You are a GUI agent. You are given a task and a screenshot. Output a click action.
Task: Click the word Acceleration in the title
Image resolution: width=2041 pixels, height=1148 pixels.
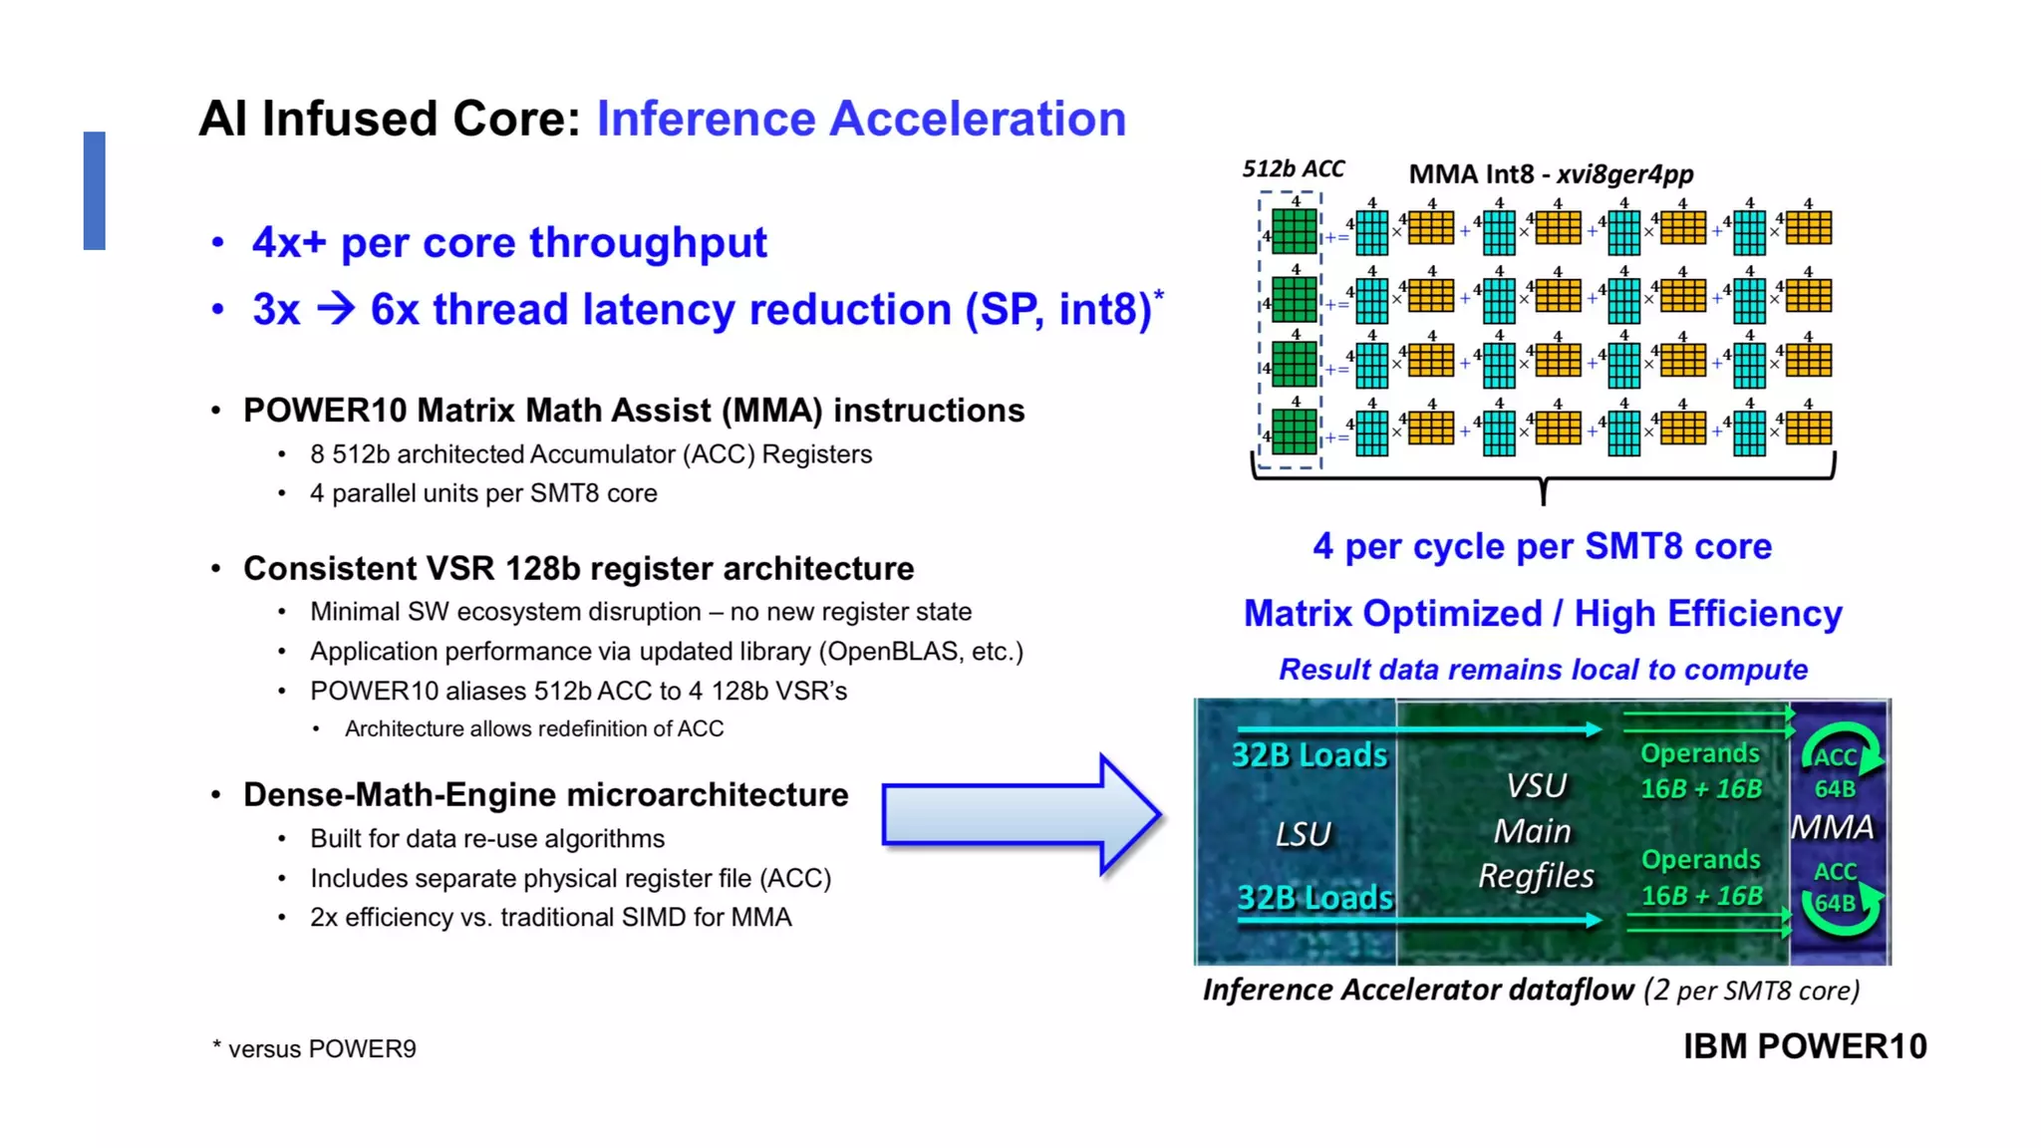[978, 119]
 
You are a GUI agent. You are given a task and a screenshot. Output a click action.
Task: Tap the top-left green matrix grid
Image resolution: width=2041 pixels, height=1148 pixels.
[1294, 231]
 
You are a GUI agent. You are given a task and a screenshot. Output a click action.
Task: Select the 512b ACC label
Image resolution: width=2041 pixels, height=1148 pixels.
[1293, 169]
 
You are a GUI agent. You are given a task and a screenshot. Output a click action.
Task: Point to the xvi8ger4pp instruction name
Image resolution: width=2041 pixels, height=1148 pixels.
[1624, 174]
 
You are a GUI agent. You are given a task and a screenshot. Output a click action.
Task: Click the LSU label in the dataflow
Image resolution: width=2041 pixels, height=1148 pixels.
[1303, 833]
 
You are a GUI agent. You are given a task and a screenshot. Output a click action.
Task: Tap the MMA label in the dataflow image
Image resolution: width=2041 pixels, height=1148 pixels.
[1832, 827]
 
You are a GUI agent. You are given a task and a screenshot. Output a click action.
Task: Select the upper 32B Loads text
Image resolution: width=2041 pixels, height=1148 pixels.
[1310, 755]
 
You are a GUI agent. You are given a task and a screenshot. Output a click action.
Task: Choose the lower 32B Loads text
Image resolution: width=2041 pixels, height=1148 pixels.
[1314, 898]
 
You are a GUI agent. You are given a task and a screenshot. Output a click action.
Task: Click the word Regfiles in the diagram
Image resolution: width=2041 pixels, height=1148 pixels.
[1536, 876]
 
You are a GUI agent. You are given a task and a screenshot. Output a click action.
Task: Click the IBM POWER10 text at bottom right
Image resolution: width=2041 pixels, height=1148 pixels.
[1805, 1046]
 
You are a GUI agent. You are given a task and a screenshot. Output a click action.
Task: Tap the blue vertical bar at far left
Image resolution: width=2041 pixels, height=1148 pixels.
[95, 190]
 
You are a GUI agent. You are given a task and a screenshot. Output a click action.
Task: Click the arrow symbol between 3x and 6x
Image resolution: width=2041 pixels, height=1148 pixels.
[335, 308]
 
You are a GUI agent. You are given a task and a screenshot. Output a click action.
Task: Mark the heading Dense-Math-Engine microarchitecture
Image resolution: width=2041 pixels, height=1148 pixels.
[545, 795]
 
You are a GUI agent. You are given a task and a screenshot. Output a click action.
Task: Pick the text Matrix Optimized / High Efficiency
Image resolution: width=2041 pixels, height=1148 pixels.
[1543, 614]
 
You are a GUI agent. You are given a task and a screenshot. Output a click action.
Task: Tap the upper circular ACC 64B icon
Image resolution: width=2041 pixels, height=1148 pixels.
[1840, 762]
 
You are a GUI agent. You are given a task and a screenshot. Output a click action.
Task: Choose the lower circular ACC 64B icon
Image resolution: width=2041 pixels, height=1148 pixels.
[1840, 897]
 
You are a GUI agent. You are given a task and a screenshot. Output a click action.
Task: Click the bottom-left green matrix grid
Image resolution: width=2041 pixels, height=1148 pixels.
[1294, 432]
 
